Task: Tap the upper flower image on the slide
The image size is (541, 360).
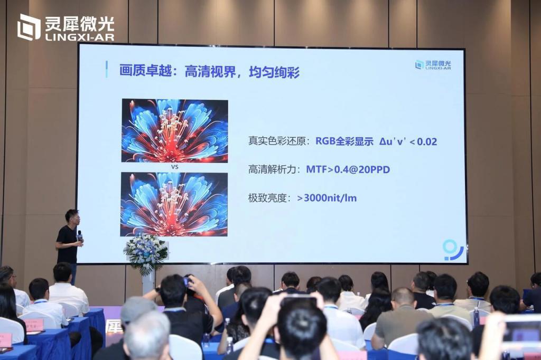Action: point(175,130)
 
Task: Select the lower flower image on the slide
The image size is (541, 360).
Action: point(174,204)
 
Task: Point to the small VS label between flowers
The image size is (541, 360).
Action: point(174,167)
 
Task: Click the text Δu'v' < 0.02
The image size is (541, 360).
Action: point(408,141)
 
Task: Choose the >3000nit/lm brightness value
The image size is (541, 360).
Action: point(331,198)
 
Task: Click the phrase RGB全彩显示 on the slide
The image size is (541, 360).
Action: point(344,141)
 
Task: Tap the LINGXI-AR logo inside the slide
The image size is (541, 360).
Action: point(433,65)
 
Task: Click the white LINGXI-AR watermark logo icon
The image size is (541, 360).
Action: point(29,27)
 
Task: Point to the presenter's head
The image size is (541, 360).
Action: point(72,216)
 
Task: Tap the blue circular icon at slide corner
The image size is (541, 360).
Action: point(452,249)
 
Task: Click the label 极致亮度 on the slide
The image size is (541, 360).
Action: point(269,198)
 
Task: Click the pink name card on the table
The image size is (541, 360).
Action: point(33,324)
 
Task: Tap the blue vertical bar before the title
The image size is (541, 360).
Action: point(106,69)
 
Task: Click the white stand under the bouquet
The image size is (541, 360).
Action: point(148,283)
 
